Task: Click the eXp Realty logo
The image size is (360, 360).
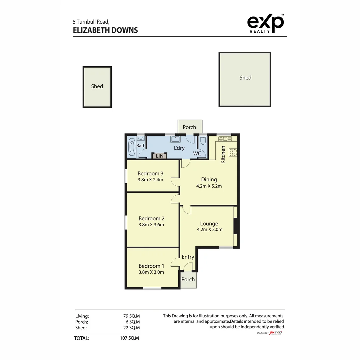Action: (265, 23)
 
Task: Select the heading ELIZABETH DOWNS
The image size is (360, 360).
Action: (105, 30)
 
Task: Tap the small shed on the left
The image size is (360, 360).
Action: (97, 87)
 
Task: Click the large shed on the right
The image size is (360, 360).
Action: (245, 79)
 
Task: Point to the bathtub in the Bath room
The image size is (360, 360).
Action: (131, 147)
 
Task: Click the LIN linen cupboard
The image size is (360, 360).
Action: (160, 156)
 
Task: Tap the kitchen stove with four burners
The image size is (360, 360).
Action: (233, 152)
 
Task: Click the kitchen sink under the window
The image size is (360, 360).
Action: (225, 139)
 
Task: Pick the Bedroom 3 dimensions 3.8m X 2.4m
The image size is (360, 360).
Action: (150, 180)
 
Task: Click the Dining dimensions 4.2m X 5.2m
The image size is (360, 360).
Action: (209, 186)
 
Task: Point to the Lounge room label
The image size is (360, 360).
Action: (209, 224)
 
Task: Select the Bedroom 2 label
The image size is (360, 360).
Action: (151, 218)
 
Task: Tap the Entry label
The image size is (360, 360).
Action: (188, 257)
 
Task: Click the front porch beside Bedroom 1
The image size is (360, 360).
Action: (188, 280)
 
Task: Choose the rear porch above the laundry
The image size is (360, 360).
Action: (189, 127)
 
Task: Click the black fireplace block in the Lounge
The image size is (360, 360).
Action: (235, 226)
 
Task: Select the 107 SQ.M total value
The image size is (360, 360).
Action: (130, 338)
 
